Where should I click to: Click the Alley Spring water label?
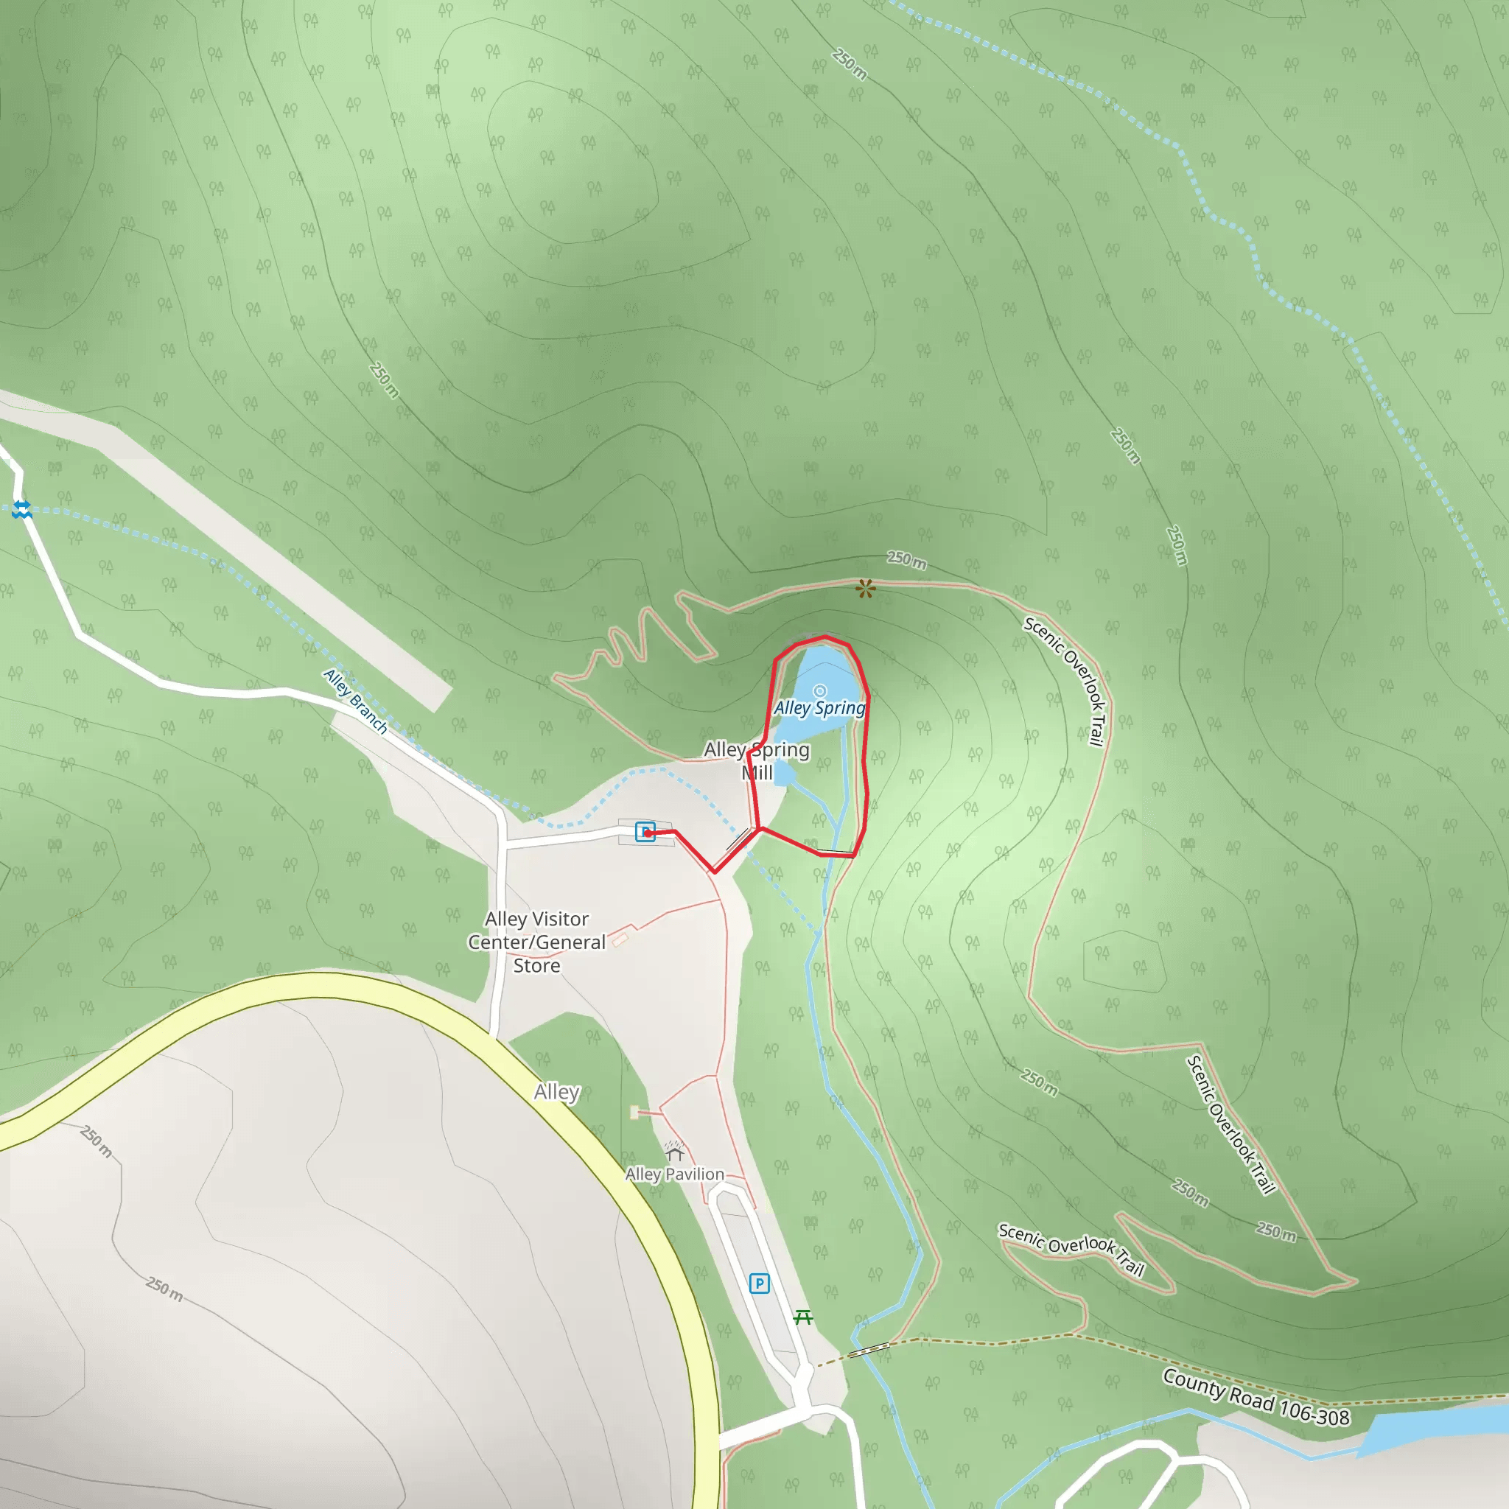pyautogui.click(x=819, y=707)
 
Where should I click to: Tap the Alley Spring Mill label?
pyautogui.click(x=756, y=760)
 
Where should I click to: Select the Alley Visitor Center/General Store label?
pyautogui.click(x=536, y=942)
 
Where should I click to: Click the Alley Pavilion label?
pyautogui.click(x=675, y=1174)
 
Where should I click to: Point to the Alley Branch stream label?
pyautogui.click(x=356, y=701)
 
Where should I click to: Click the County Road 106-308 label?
pyautogui.click(x=1255, y=1396)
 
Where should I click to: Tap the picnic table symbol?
pyautogui.click(x=803, y=1317)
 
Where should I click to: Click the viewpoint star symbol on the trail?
pyautogui.click(x=864, y=588)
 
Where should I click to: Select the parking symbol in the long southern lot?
pyautogui.click(x=759, y=1284)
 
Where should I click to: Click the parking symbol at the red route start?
pyautogui.click(x=645, y=833)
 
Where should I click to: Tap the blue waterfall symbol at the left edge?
pyautogui.click(x=22, y=510)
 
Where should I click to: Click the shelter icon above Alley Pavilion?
pyautogui.click(x=674, y=1152)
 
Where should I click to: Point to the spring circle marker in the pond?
pyautogui.click(x=819, y=690)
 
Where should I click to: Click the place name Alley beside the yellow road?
pyautogui.click(x=557, y=1092)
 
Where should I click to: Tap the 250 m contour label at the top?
pyautogui.click(x=850, y=64)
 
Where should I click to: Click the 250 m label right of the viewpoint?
pyautogui.click(x=907, y=560)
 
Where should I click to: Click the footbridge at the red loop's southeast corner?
pyautogui.click(x=836, y=852)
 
